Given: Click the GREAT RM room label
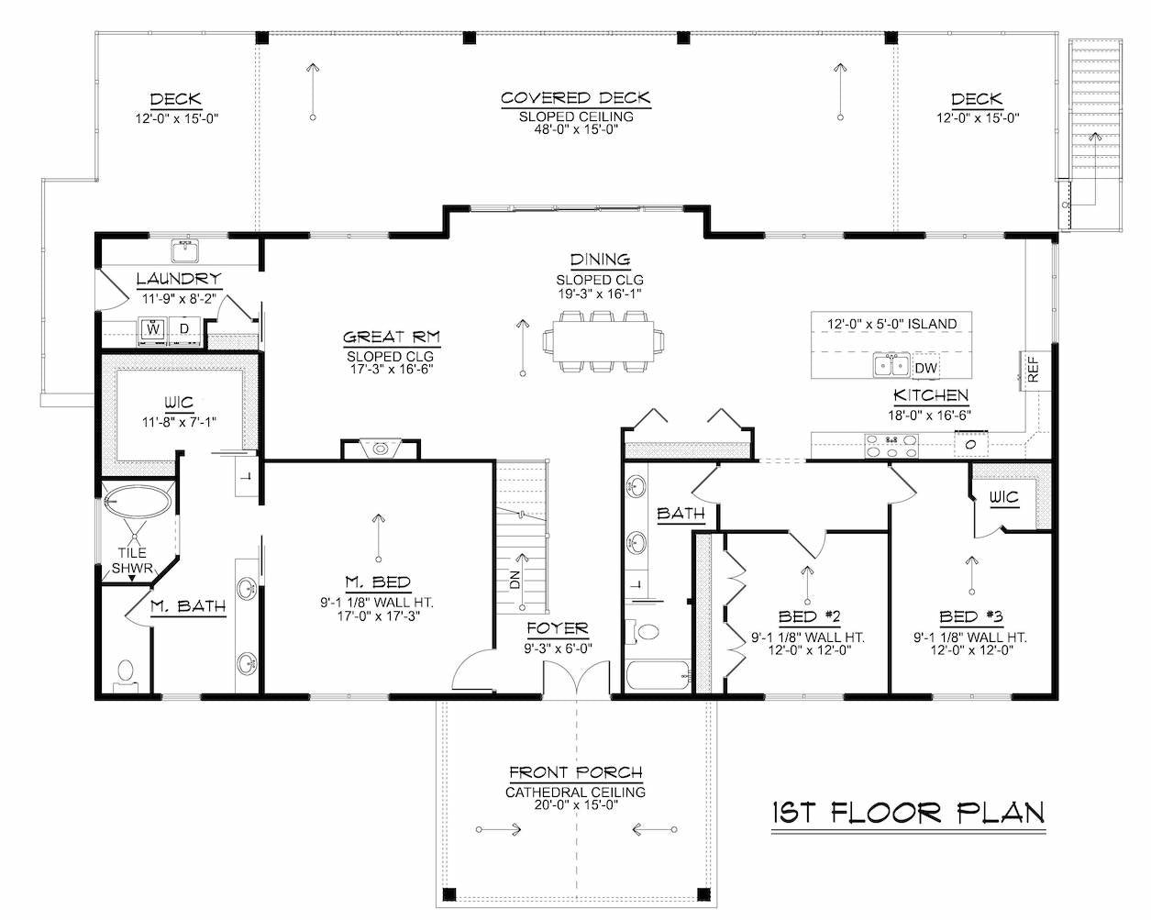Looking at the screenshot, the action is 391,337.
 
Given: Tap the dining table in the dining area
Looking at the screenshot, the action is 603,341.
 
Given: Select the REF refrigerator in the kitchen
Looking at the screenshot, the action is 1035,371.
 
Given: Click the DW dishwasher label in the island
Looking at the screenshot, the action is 925,368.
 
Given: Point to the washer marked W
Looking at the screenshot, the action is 153,330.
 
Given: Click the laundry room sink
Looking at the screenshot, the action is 185,250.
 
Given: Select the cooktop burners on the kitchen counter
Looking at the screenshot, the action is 891,446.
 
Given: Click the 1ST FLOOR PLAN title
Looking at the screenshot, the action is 908,813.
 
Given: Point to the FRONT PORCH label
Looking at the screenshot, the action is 576,772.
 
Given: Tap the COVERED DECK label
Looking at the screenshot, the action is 576,98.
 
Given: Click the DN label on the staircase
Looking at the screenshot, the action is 515,580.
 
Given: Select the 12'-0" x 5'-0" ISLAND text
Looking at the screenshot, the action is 891,324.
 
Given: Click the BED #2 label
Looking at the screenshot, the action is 809,616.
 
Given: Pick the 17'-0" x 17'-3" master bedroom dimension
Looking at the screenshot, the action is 378,616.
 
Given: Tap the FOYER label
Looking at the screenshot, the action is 558,628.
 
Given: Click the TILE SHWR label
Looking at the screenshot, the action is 132,560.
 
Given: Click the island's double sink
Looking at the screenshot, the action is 891,365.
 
